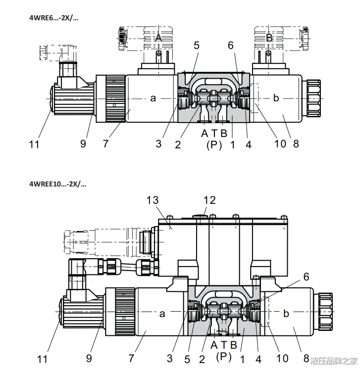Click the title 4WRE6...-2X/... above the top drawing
coord(53,18)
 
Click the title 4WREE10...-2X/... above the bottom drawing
coord(57,184)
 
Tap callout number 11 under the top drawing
coord(34,144)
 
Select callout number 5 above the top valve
coord(197,46)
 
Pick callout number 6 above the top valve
coord(231,46)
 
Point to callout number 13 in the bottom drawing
coord(153,200)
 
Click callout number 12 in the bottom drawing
coord(209,200)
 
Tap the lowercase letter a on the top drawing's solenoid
coord(153,98)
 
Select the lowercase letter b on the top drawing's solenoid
coord(276,97)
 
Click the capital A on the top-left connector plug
coord(159,38)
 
